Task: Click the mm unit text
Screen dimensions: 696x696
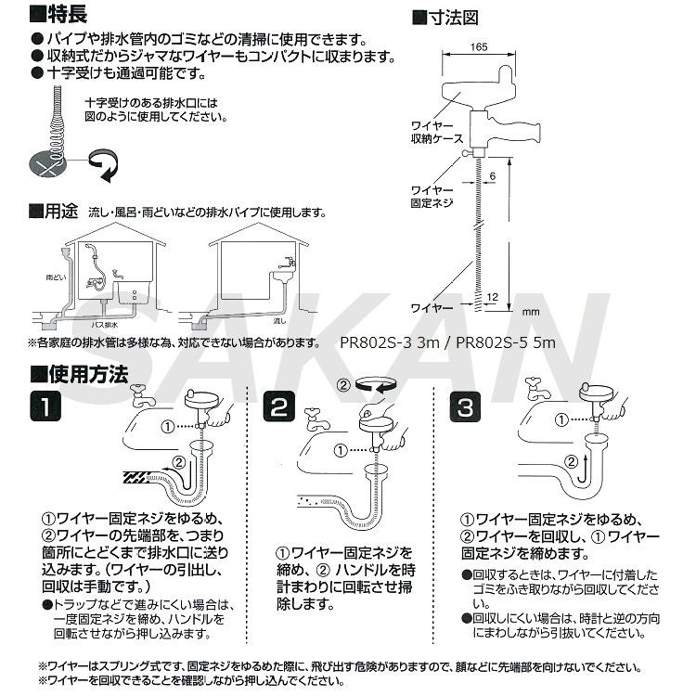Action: [x=531, y=313]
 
